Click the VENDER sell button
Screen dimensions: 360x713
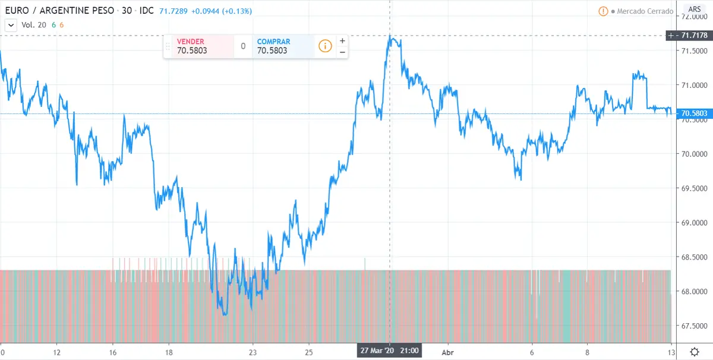198,46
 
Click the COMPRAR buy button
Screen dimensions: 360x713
282,46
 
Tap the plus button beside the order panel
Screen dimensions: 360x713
342,41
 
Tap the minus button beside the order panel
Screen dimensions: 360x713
342,52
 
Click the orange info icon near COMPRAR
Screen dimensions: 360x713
325,46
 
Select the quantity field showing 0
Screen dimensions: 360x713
243,46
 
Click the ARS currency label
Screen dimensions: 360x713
694,10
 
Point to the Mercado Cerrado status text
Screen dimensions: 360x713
645,11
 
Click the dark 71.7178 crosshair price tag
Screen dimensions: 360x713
693,36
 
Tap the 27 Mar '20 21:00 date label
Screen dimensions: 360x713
389,350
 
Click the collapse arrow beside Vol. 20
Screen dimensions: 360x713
11,25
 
